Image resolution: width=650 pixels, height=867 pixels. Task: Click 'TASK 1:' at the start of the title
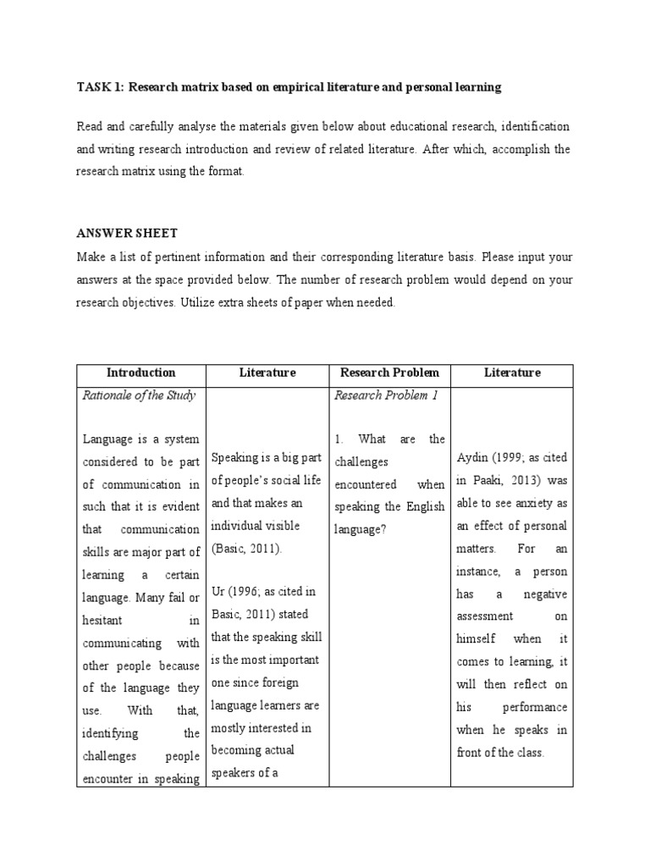(100, 87)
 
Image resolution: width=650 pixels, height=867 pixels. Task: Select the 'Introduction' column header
(141, 373)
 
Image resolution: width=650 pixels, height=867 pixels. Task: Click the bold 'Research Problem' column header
(389, 373)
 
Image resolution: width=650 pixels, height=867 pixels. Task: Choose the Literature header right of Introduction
(267, 373)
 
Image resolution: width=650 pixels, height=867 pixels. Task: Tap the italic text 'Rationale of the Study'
(139, 395)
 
